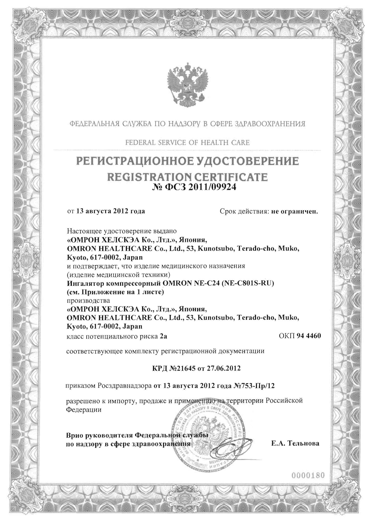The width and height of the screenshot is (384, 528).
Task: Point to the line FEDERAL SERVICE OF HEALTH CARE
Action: pos(187,142)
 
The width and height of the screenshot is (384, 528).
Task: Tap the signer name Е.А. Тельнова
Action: pos(295,443)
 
